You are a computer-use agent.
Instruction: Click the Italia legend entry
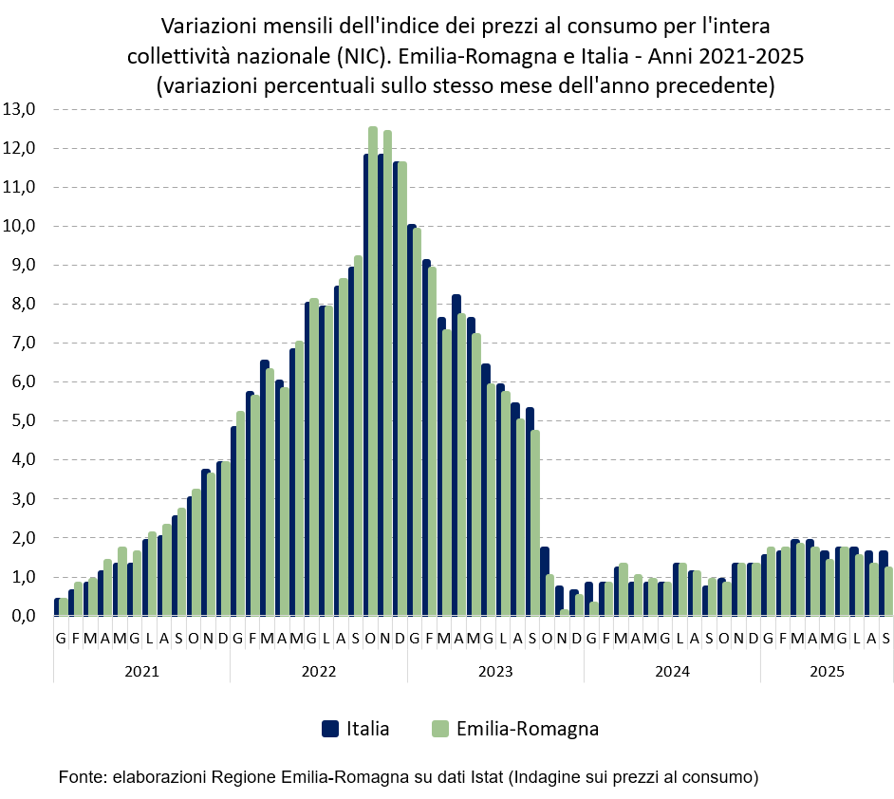[367, 729]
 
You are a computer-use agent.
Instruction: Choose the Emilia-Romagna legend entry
[527, 729]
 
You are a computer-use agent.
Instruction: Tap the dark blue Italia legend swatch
[329, 729]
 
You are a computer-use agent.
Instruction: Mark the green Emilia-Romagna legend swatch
[438, 729]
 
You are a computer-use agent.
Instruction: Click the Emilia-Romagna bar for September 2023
[535, 522]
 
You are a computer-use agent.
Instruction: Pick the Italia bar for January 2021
[57, 607]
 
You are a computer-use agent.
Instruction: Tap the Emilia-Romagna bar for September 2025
[889, 592]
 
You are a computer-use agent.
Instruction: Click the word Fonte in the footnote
[81, 776]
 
